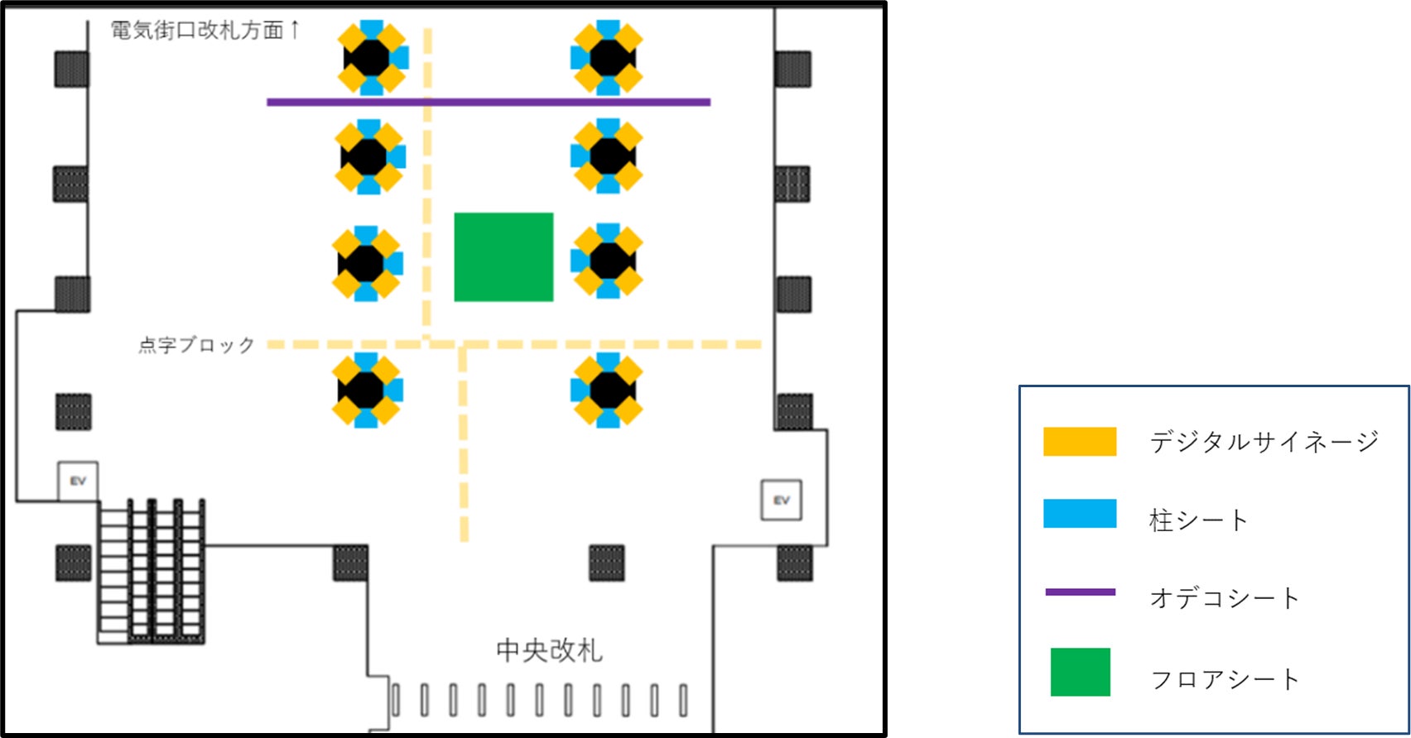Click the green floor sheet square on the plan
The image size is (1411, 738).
point(503,256)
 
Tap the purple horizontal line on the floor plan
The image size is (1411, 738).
point(488,103)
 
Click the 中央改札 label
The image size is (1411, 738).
point(550,650)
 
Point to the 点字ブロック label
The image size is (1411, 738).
point(196,345)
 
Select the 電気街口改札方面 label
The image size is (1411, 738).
point(197,31)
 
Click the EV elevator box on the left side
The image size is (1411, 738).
point(78,481)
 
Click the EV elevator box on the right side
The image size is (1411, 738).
point(781,500)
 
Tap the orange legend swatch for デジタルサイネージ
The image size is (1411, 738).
point(1079,442)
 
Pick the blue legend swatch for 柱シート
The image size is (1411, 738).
point(1079,514)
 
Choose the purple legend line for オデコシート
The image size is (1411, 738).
point(1080,592)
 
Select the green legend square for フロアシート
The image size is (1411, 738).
point(1080,672)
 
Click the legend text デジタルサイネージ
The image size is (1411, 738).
point(1264,442)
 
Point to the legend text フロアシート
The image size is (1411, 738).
point(1225,679)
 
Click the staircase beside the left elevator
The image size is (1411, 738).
point(152,571)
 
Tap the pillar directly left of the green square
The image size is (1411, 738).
point(367,263)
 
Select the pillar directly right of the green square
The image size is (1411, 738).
point(607,261)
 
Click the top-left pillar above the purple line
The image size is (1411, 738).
point(372,57)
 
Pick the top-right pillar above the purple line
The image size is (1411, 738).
point(607,57)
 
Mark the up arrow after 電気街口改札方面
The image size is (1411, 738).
point(295,30)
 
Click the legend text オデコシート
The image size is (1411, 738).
point(1225,598)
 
